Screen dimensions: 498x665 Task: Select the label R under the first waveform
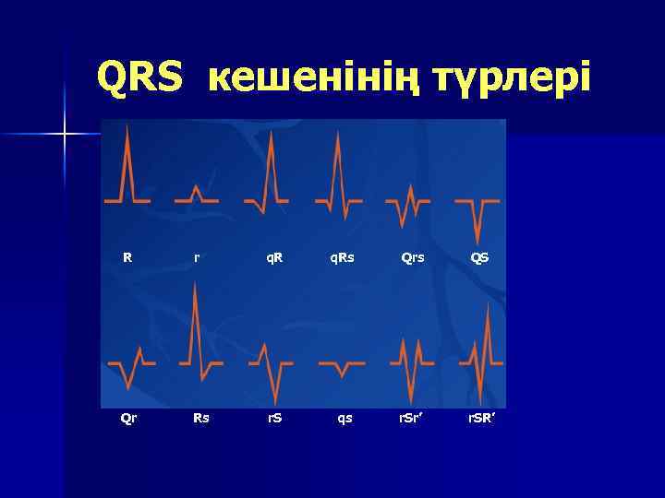tap(127, 257)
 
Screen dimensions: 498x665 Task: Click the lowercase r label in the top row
tap(197, 257)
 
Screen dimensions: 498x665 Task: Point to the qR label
tap(274, 257)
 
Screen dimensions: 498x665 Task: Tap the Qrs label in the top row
tap(413, 257)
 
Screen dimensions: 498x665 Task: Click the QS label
tap(480, 257)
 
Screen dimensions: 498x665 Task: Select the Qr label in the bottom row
tap(129, 418)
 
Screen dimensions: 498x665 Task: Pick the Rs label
tap(200, 418)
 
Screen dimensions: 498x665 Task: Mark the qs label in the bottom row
tap(345, 418)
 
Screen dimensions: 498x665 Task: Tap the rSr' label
tap(412, 418)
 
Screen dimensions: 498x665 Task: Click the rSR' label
tap(480, 418)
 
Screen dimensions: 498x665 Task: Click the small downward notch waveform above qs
tap(342, 371)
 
